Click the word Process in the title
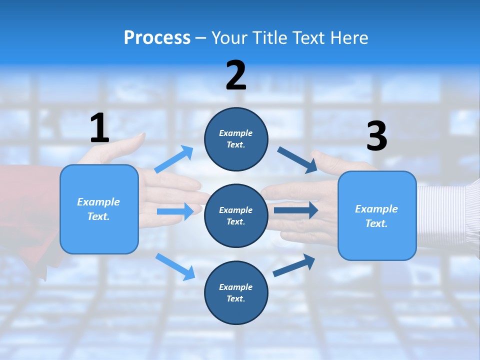point(157,38)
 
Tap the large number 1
point(99,128)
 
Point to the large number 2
point(236,75)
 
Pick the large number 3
point(376,136)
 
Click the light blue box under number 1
point(99,209)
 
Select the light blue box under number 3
point(377,216)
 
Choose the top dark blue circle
point(236,139)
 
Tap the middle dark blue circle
point(236,216)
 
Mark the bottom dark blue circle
point(236,293)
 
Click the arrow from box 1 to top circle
point(174,159)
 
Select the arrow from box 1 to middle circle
point(175,211)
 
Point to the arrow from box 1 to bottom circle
point(175,266)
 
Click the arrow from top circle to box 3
point(297,159)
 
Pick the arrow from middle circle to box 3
point(295,210)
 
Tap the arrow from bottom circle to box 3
point(294,265)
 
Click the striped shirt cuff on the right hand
point(447,215)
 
